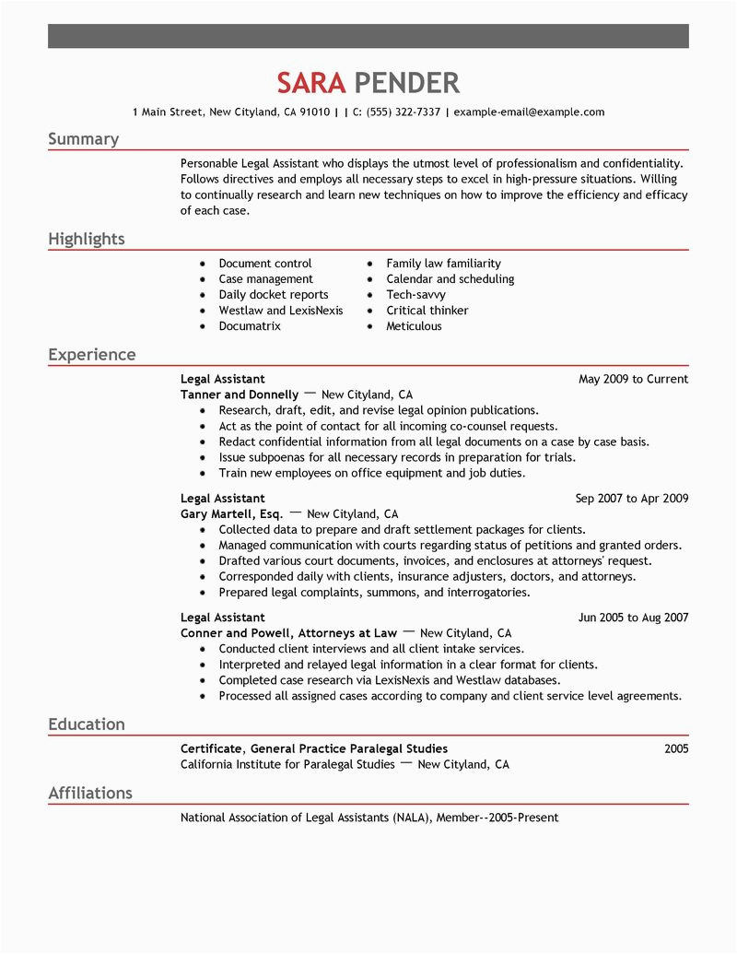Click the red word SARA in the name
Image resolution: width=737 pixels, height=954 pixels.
coord(311,83)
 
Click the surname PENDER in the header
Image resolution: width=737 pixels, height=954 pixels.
coord(406,83)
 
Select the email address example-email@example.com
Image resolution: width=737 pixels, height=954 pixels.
coord(529,112)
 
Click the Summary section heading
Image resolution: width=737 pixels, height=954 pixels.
coord(84,139)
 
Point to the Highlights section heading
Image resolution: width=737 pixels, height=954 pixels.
coord(87,240)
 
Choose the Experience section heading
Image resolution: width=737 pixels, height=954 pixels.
coord(92,355)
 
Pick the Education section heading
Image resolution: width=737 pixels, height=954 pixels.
coord(87,724)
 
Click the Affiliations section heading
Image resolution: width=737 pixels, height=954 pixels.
coord(90,794)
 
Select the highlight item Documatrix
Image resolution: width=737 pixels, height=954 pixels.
coord(250,326)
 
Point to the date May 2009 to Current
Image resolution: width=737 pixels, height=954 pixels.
coord(633,379)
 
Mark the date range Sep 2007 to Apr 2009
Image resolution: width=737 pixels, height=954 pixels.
coord(631,499)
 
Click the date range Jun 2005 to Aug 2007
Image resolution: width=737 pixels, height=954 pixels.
coord(633,618)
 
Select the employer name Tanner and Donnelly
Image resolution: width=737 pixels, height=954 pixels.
coord(240,395)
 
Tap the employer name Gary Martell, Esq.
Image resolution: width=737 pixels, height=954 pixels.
coord(231,514)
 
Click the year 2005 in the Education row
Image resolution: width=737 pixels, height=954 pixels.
coord(675,749)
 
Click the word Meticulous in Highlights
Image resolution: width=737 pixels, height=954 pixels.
coord(414,326)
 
